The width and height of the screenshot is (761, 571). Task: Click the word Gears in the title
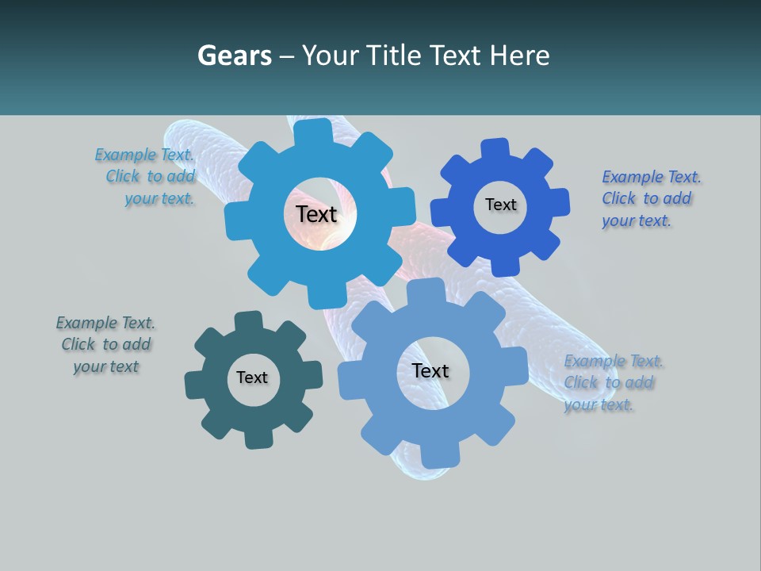(x=234, y=56)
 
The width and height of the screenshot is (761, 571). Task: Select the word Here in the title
(x=520, y=56)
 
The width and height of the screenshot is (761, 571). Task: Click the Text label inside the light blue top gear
(x=316, y=214)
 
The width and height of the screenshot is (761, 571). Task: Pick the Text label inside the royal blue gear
(x=500, y=205)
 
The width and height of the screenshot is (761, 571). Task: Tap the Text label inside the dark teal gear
(x=251, y=378)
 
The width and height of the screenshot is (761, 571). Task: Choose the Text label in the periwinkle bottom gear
(x=430, y=371)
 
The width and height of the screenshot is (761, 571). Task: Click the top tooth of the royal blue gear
(x=495, y=148)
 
